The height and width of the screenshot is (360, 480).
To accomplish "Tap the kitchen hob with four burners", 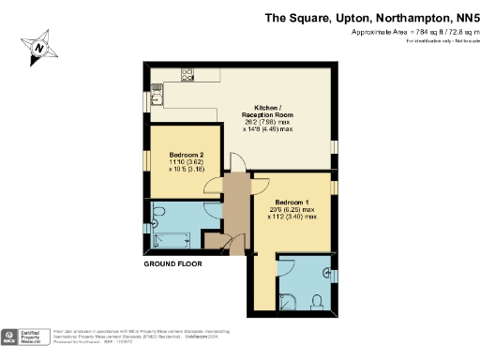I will [x=187, y=73].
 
